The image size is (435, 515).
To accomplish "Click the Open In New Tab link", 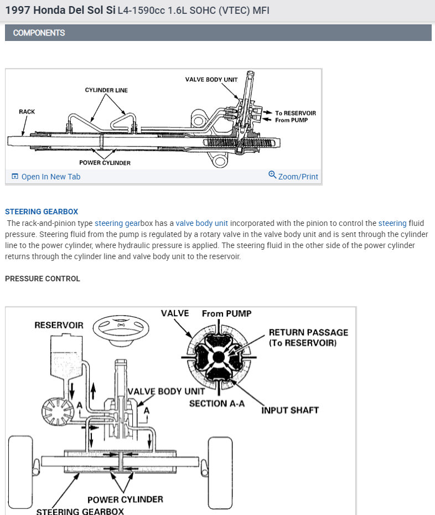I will [x=50, y=177].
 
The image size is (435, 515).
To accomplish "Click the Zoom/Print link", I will [x=298, y=177].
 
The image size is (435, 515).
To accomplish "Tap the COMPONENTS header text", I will [x=39, y=33].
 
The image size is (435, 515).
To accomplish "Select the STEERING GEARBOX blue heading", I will [x=42, y=212].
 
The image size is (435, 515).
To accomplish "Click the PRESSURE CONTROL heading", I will [x=43, y=279].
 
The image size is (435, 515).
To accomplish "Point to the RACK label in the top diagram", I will [x=27, y=112].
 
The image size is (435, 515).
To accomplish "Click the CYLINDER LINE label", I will [x=106, y=90].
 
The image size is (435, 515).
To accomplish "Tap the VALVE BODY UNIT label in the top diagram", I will [x=211, y=80].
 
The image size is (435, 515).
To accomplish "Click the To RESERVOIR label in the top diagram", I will [x=296, y=113].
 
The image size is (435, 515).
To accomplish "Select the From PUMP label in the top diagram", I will [x=291, y=120].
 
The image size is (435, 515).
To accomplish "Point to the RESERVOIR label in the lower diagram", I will [x=59, y=325].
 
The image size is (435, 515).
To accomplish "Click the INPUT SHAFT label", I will [x=290, y=410].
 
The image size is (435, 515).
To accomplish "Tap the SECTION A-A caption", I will [x=216, y=404].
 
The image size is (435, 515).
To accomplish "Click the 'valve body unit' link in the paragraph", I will [x=201, y=223].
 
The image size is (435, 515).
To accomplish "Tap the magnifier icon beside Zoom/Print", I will [x=272, y=175].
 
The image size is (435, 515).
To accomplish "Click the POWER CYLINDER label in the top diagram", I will [x=105, y=163].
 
